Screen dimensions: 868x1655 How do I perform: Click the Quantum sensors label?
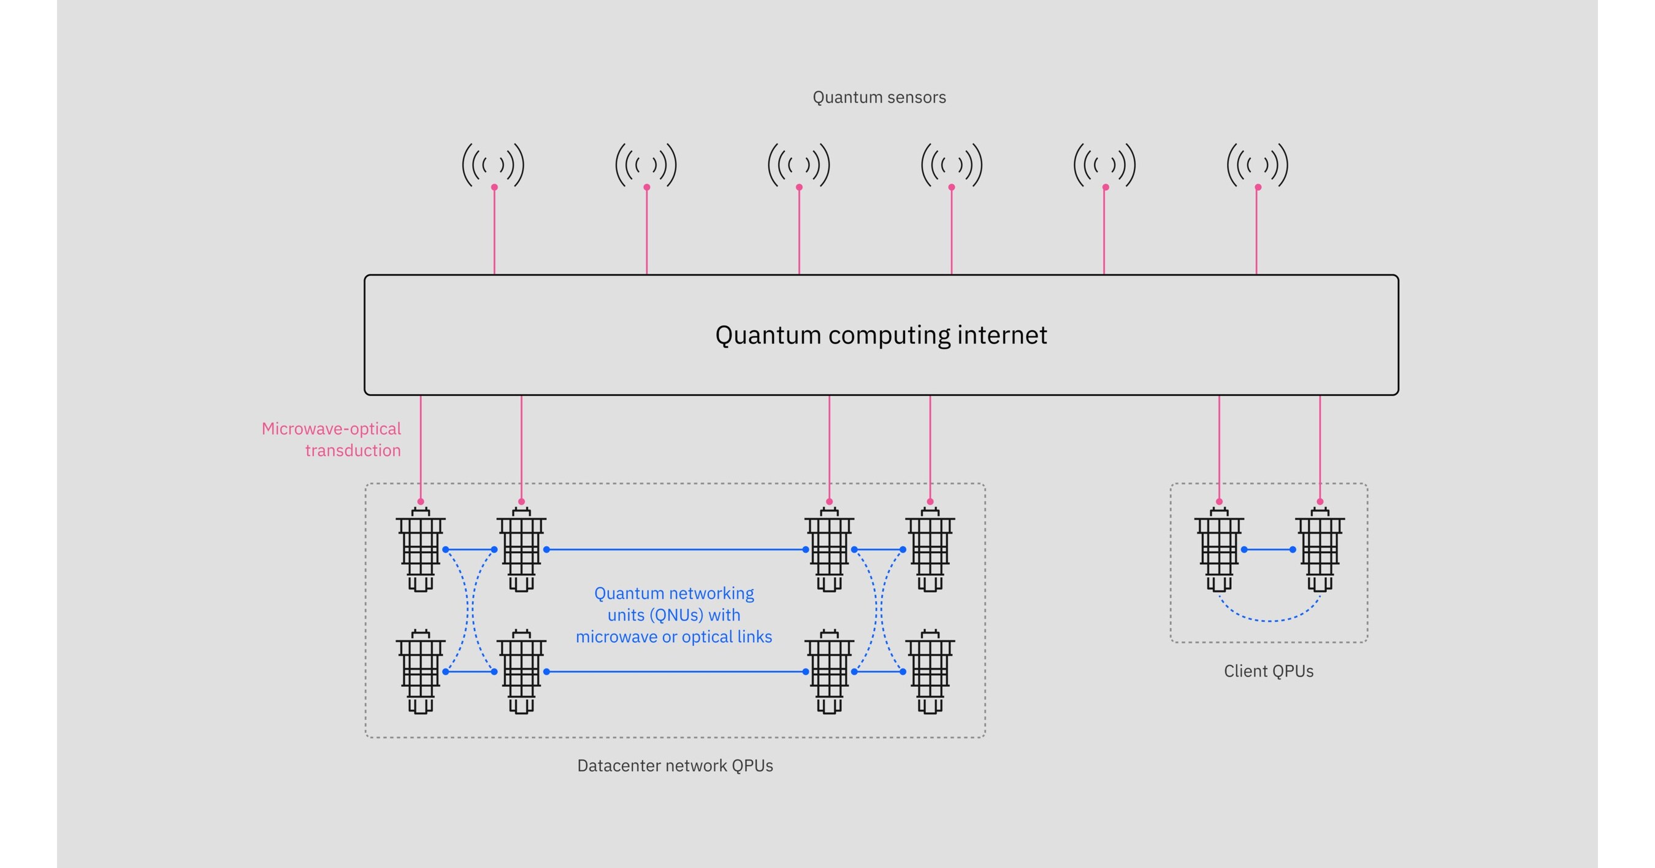coord(879,97)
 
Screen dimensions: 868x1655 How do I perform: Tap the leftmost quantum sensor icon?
coord(493,165)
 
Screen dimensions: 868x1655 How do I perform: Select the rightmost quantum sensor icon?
coord(1257,165)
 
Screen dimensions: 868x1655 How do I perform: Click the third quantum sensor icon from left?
coord(798,165)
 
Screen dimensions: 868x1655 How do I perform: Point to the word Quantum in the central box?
coord(768,335)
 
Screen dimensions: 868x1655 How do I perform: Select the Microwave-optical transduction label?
coord(332,439)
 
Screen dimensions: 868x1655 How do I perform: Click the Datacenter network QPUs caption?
coord(675,765)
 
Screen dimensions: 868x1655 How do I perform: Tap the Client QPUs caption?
coord(1268,670)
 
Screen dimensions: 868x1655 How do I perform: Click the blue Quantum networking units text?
coord(673,614)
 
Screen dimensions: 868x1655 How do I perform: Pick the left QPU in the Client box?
coord(1219,550)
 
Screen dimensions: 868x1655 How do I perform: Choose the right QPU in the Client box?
coord(1320,550)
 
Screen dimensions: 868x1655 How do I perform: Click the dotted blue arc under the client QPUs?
coord(1269,620)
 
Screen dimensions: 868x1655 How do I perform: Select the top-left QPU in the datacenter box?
coord(420,550)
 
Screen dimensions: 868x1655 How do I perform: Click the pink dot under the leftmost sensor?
coord(494,187)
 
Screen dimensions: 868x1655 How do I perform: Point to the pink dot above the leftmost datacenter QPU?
coord(421,502)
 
